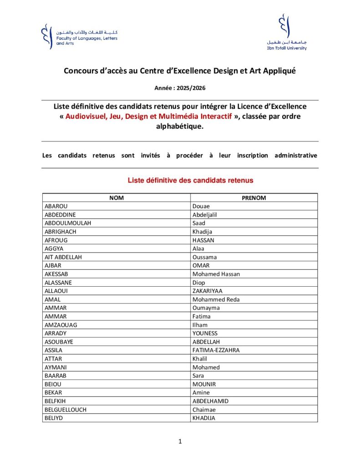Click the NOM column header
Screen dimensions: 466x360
coord(116,198)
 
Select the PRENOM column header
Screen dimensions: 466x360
coord(254,198)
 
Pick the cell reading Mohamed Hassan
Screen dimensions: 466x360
coord(216,274)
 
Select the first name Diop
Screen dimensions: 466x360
coord(199,283)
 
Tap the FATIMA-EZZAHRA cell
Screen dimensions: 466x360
coord(216,350)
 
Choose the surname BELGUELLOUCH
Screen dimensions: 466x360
coord(66,410)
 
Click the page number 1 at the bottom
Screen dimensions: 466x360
coord(180,441)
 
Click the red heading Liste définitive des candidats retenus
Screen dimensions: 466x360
coord(190,181)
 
